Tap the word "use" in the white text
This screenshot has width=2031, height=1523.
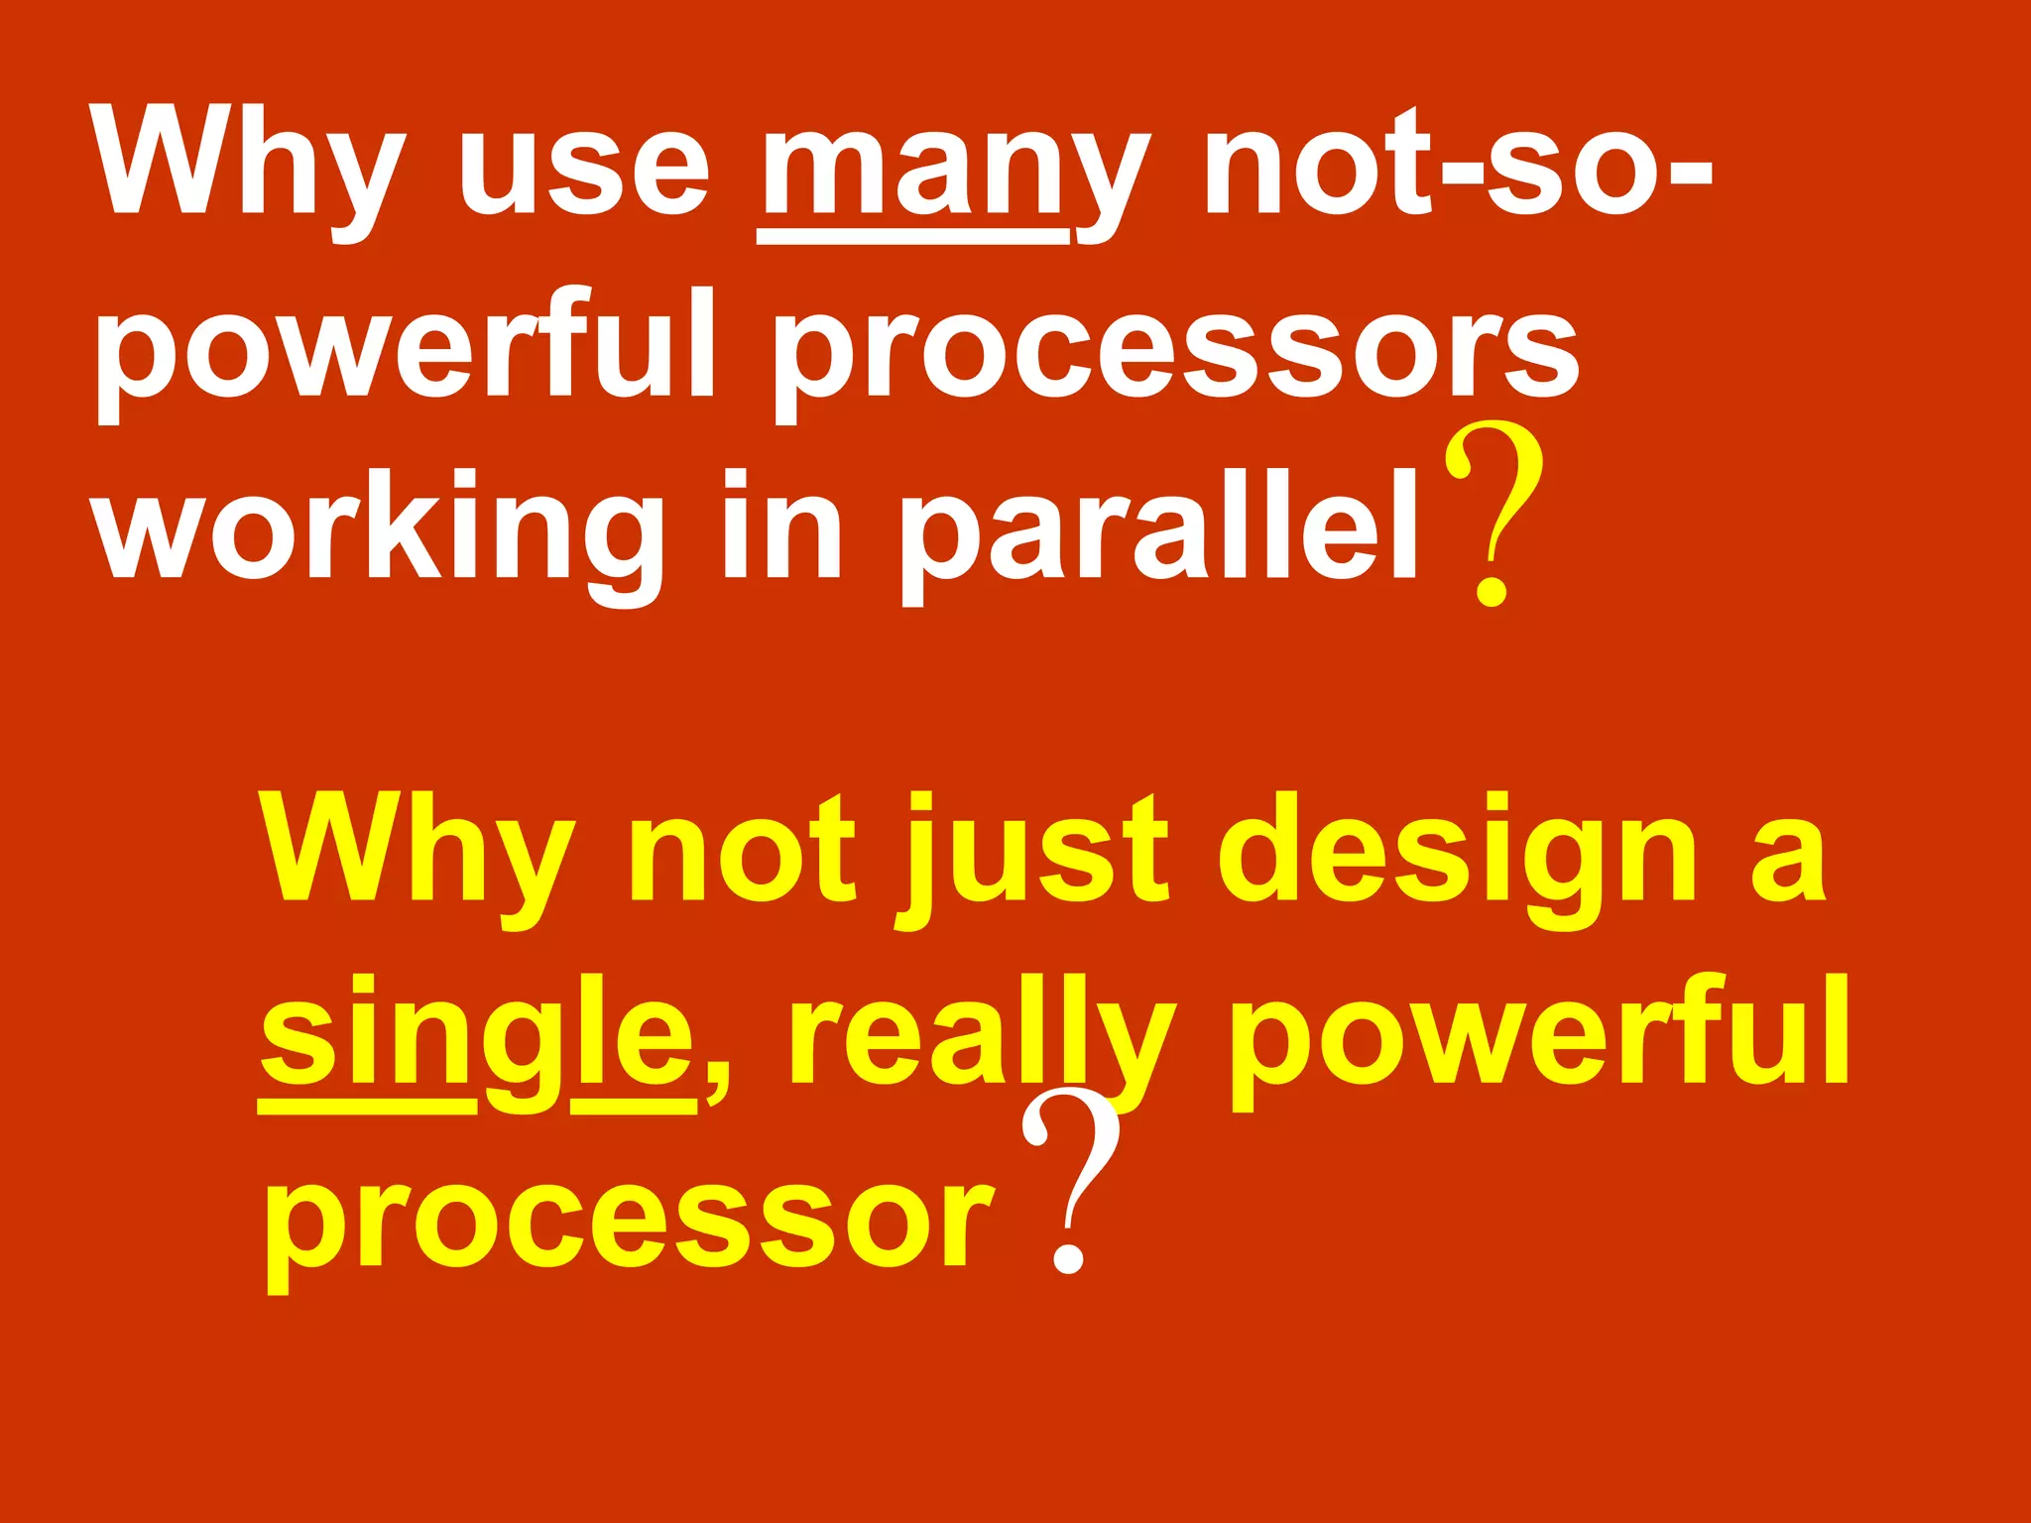584,169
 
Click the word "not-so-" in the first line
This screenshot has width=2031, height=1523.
1458,164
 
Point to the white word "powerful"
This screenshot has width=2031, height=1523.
405,347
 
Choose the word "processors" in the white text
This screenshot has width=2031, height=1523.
1175,352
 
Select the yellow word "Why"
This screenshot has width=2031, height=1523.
417,853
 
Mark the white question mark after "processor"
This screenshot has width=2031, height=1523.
1071,1180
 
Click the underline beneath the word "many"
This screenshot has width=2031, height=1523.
912,237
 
